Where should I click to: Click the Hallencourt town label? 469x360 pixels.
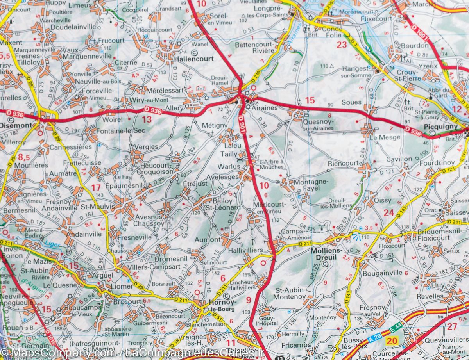pos(194,59)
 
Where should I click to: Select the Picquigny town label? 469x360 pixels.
pos(440,127)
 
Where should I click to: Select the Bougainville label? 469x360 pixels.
pos(383,273)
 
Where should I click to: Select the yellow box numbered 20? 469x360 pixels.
pos(392,341)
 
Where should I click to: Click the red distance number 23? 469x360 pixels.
pos(342,45)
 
